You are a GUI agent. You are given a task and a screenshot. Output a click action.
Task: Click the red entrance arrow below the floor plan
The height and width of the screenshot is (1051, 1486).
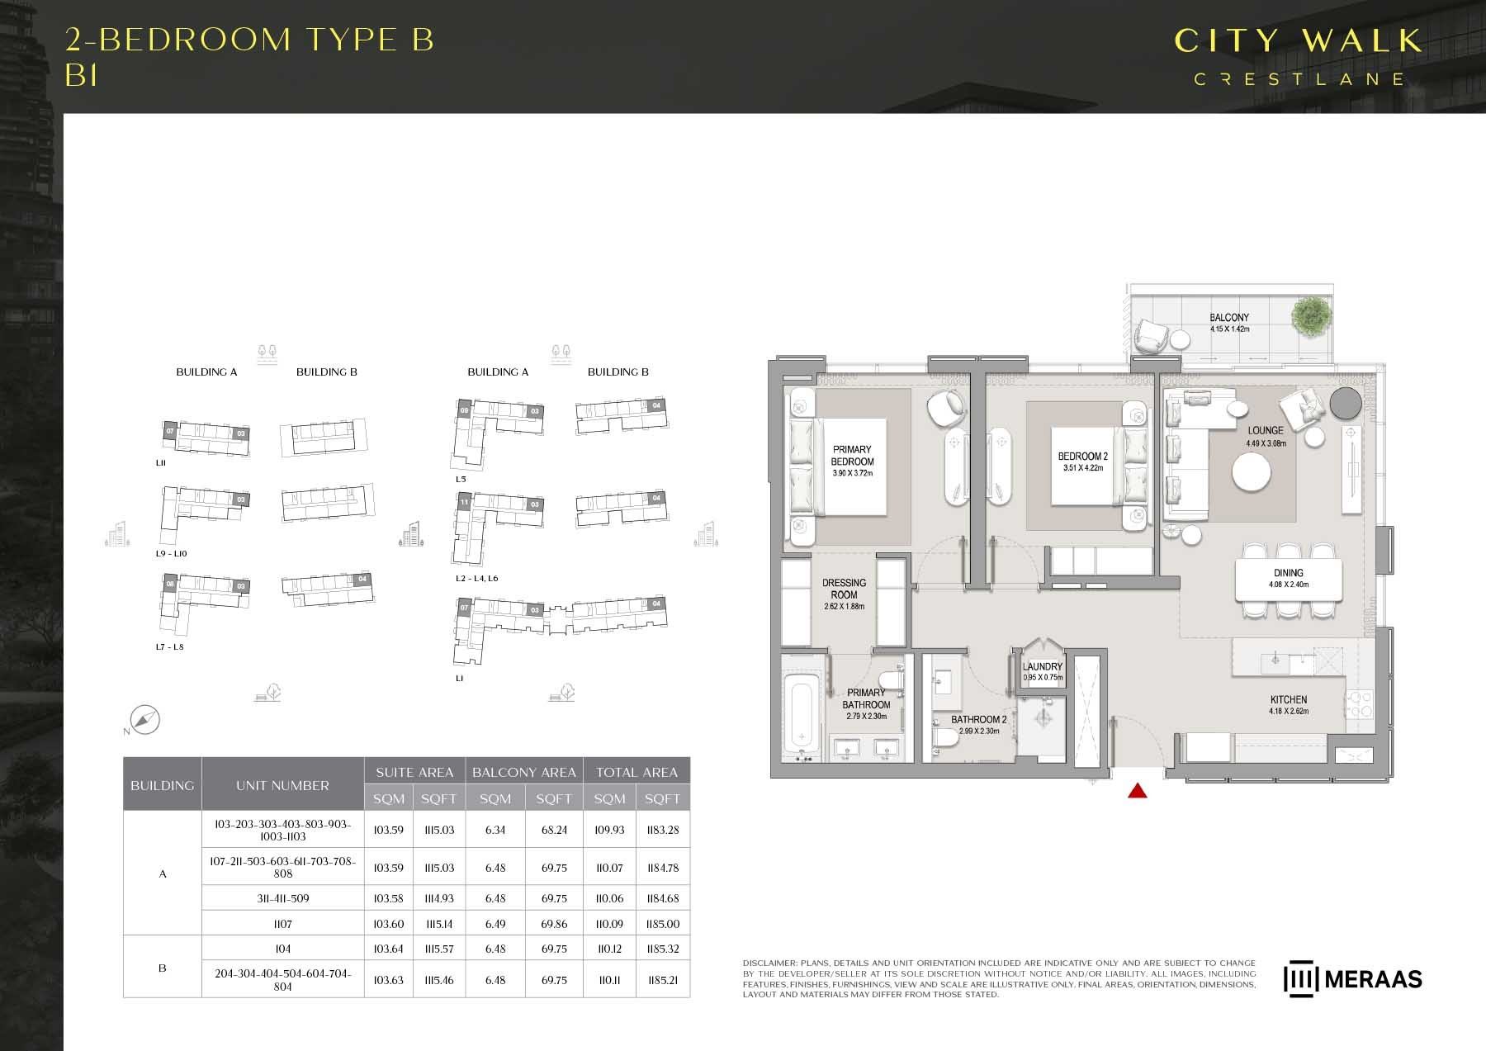1138,792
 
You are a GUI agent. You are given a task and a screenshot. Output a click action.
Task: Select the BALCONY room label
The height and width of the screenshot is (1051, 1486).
1229,318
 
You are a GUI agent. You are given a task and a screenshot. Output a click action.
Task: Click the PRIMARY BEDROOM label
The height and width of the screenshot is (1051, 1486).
852,456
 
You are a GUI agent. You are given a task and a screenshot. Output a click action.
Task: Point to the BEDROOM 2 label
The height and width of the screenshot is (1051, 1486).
1082,457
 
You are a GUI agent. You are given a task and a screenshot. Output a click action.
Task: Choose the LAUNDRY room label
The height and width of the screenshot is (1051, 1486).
1043,666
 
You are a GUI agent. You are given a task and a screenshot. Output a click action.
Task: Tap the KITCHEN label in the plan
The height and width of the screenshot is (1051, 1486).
1289,699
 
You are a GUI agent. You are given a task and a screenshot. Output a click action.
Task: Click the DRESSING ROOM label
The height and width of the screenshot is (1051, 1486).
844,589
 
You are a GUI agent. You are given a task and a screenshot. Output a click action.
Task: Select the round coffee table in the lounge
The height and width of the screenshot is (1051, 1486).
1251,473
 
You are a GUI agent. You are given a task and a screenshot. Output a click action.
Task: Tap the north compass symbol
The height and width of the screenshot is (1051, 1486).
145,720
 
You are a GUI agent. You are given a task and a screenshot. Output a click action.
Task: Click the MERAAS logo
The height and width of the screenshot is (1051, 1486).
1353,979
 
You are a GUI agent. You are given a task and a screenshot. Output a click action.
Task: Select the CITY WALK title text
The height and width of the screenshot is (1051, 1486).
1298,40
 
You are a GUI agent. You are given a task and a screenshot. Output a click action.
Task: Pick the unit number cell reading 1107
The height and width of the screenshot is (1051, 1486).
282,924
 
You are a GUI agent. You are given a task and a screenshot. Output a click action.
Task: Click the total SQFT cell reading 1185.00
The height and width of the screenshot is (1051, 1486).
662,924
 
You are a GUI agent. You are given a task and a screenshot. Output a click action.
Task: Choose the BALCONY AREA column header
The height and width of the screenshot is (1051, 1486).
523,772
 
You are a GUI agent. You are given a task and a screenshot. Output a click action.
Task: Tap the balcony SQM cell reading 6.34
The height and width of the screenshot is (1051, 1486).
495,830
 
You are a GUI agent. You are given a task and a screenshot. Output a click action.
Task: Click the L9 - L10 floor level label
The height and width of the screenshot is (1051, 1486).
172,554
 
